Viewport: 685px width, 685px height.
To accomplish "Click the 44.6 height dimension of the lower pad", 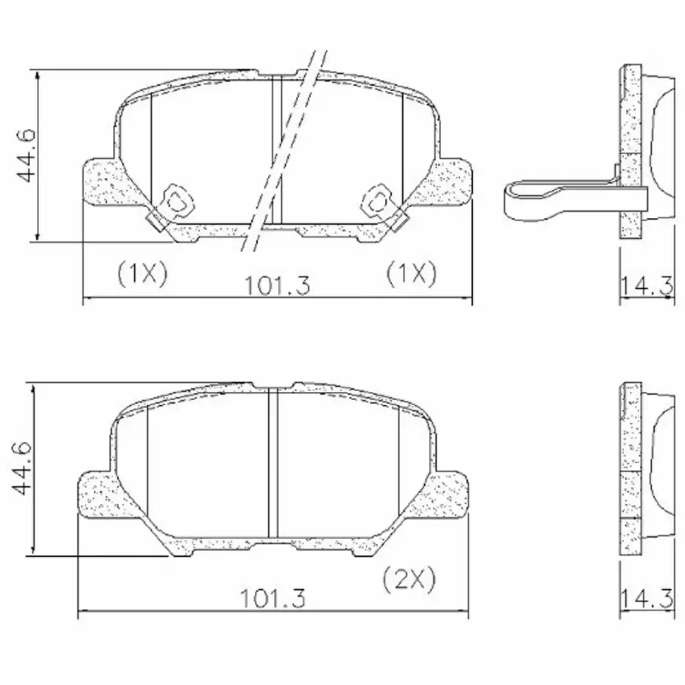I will coord(25,469).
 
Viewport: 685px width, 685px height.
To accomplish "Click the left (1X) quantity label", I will coord(142,274).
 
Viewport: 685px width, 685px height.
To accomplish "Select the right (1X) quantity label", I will coord(410,274).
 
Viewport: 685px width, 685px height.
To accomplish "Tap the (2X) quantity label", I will coord(410,580).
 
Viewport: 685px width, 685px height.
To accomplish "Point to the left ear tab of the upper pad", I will coord(103,182).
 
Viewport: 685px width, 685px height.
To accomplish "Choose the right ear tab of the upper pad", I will coord(452,182).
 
